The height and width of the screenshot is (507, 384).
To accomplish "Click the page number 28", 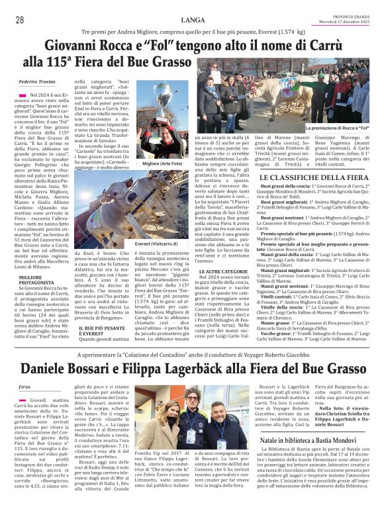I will click(19, 20).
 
